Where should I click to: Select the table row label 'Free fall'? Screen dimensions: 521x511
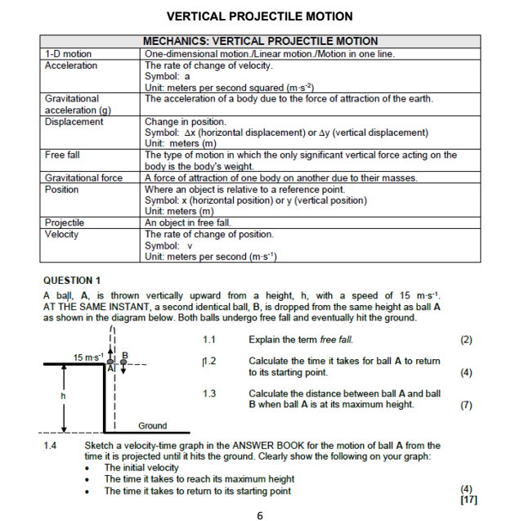click(x=62, y=155)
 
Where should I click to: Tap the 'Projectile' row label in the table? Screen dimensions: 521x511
click(x=65, y=222)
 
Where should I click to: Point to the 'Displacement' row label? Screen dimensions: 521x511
click(x=74, y=122)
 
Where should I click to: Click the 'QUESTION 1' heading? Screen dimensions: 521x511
click(x=72, y=280)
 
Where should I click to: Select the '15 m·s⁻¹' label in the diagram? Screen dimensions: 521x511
click(x=88, y=358)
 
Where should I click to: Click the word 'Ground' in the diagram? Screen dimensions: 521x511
click(x=152, y=426)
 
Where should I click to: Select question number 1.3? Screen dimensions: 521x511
click(x=208, y=393)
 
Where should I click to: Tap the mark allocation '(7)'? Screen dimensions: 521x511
click(x=466, y=404)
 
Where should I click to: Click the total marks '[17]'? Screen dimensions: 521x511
click(x=468, y=500)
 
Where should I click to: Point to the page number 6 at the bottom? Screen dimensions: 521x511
click(x=259, y=514)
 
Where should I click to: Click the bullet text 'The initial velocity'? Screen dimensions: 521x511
click(x=141, y=468)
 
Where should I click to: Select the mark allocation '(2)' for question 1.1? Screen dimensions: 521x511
click(x=466, y=339)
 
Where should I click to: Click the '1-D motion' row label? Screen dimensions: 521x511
click(x=68, y=54)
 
